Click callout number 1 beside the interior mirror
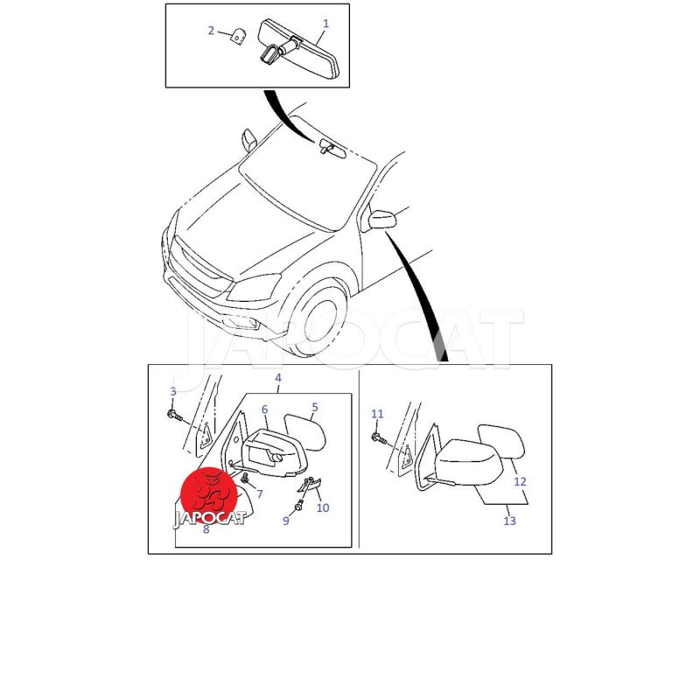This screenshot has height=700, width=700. click(x=325, y=24)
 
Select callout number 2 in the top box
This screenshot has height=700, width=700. click(x=211, y=31)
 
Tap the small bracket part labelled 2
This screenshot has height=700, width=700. click(x=239, y=36)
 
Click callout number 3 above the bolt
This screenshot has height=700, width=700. click(x=173, y=391)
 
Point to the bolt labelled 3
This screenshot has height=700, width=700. click(x=176, y=416)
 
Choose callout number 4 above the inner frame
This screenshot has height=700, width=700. click(x=278, y=378)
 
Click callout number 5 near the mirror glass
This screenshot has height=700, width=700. click(x=315, y=407)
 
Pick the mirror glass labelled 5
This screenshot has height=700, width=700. click(x=305, y=431)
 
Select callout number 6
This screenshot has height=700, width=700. click(x=265, y=409)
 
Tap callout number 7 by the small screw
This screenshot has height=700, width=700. click(x=259, y=493)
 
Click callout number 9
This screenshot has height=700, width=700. click(x=286, y=521)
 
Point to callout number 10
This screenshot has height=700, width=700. click(x=323, y=507)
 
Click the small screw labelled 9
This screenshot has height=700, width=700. click(x=298, y=506)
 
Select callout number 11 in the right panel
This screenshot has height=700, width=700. click(x=377, y=414)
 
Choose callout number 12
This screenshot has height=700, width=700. click(x=520, y=482)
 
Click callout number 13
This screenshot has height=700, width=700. click(x=509, y=521)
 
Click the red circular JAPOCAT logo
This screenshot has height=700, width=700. click(x=209, y=496)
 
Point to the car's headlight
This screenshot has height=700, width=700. click(x=252, y=288)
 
